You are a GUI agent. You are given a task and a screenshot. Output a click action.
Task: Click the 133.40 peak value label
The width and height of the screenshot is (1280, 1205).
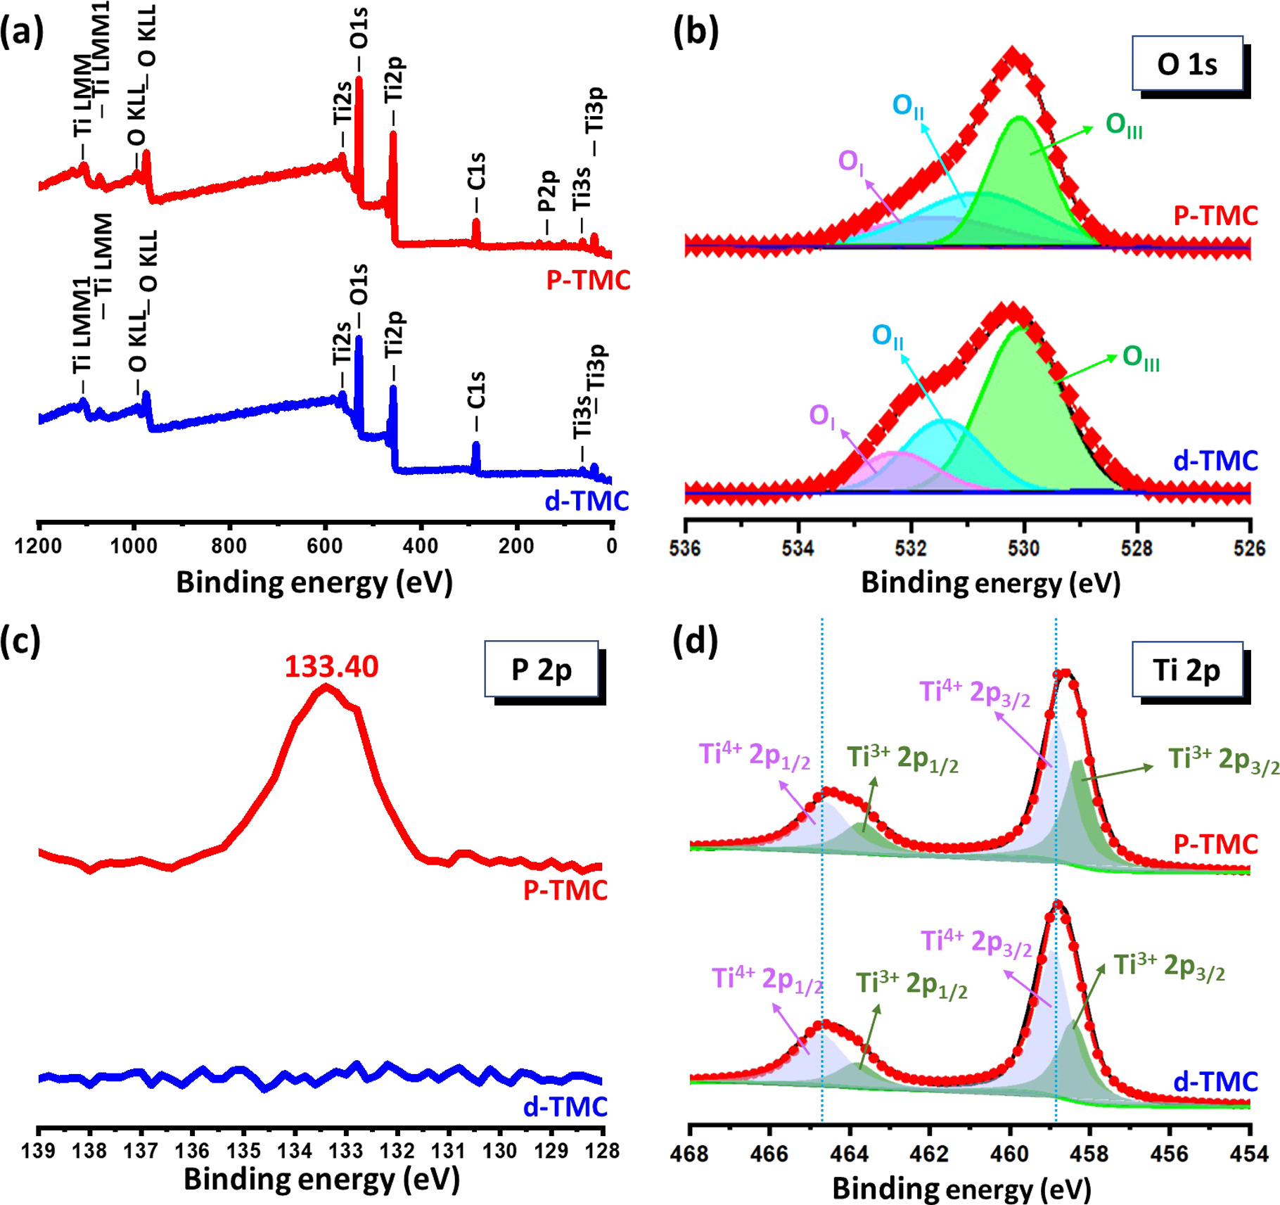[x=331, y=666]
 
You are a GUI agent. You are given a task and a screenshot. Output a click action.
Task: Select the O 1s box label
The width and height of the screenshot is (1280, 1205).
[x=1186, y=65]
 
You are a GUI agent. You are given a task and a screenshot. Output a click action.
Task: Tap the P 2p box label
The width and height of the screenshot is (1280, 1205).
[x=541, y=670]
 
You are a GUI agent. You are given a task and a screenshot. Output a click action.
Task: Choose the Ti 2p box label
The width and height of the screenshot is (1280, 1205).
[x=1186, y=670]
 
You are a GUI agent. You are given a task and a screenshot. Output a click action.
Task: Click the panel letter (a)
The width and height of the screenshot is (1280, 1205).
[x=22, y=32]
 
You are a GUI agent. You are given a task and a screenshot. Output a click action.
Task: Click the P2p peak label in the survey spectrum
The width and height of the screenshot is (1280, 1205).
[x=547, y=191]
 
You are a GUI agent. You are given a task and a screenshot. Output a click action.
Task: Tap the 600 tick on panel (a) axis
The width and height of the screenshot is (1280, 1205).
[x=325, y=546]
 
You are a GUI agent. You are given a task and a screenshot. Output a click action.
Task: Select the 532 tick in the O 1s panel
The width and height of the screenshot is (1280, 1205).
[x=911, y=548]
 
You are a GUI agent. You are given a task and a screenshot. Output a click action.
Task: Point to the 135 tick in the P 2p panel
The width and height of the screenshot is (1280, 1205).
[x=243, y=1151]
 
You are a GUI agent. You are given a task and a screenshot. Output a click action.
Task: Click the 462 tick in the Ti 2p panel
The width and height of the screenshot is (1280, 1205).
[x=929, y=1154]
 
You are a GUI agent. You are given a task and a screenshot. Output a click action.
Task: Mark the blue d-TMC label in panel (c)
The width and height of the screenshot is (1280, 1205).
[x=565, y=1107]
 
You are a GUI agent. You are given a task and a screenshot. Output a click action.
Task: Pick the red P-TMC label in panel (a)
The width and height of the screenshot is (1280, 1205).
[x=588, y=280]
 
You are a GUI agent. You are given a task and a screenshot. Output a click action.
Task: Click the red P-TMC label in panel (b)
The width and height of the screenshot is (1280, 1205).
[x=1215, y=215]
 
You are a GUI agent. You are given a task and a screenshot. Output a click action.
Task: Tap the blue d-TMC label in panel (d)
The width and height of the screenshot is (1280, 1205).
[x=1215, y=1082]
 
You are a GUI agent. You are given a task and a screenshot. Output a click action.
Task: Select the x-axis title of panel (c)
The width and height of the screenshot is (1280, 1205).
[x=321, y=1180]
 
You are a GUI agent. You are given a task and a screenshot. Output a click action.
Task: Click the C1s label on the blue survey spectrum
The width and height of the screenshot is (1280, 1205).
[x=476, y=390]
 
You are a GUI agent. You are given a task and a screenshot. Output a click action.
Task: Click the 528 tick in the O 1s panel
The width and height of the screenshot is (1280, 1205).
[x=1137, y=548]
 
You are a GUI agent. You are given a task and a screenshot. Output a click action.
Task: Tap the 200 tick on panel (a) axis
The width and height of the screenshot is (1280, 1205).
[x=516, y=546]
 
